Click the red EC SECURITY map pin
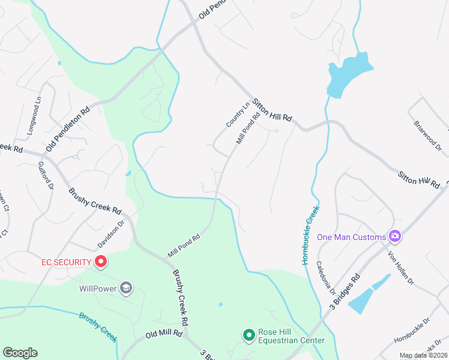pos(101,262)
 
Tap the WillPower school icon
pos(125,289)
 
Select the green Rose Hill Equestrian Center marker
pos(249,335)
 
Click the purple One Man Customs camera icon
pos(395,236)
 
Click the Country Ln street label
pos(238,115)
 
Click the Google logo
pos(20,353)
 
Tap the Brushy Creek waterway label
pos(98,326)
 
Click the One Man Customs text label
pos(351,237)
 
